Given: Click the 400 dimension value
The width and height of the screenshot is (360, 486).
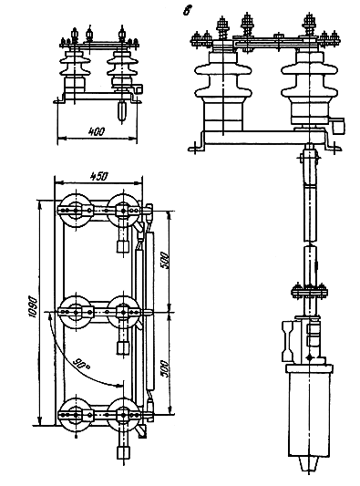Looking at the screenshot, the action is click(97, 131).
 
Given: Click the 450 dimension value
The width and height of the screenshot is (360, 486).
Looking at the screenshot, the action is click(98, 176).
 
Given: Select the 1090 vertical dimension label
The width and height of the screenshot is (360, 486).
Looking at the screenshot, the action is click(33, 307).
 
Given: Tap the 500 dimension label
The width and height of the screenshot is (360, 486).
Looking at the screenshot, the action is click(165, 261).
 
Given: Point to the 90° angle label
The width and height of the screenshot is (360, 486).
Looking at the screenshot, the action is click(81, 365).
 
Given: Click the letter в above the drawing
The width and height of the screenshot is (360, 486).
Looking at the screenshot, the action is click(186, 11).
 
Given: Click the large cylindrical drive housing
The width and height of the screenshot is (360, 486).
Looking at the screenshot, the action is click(309, 410).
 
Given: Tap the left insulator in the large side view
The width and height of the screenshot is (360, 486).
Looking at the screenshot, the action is click(223, 90).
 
